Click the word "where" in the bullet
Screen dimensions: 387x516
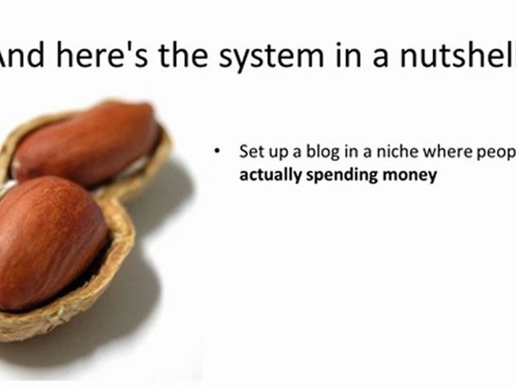click(442, 152)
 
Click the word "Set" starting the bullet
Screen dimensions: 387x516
click(249, 152)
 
